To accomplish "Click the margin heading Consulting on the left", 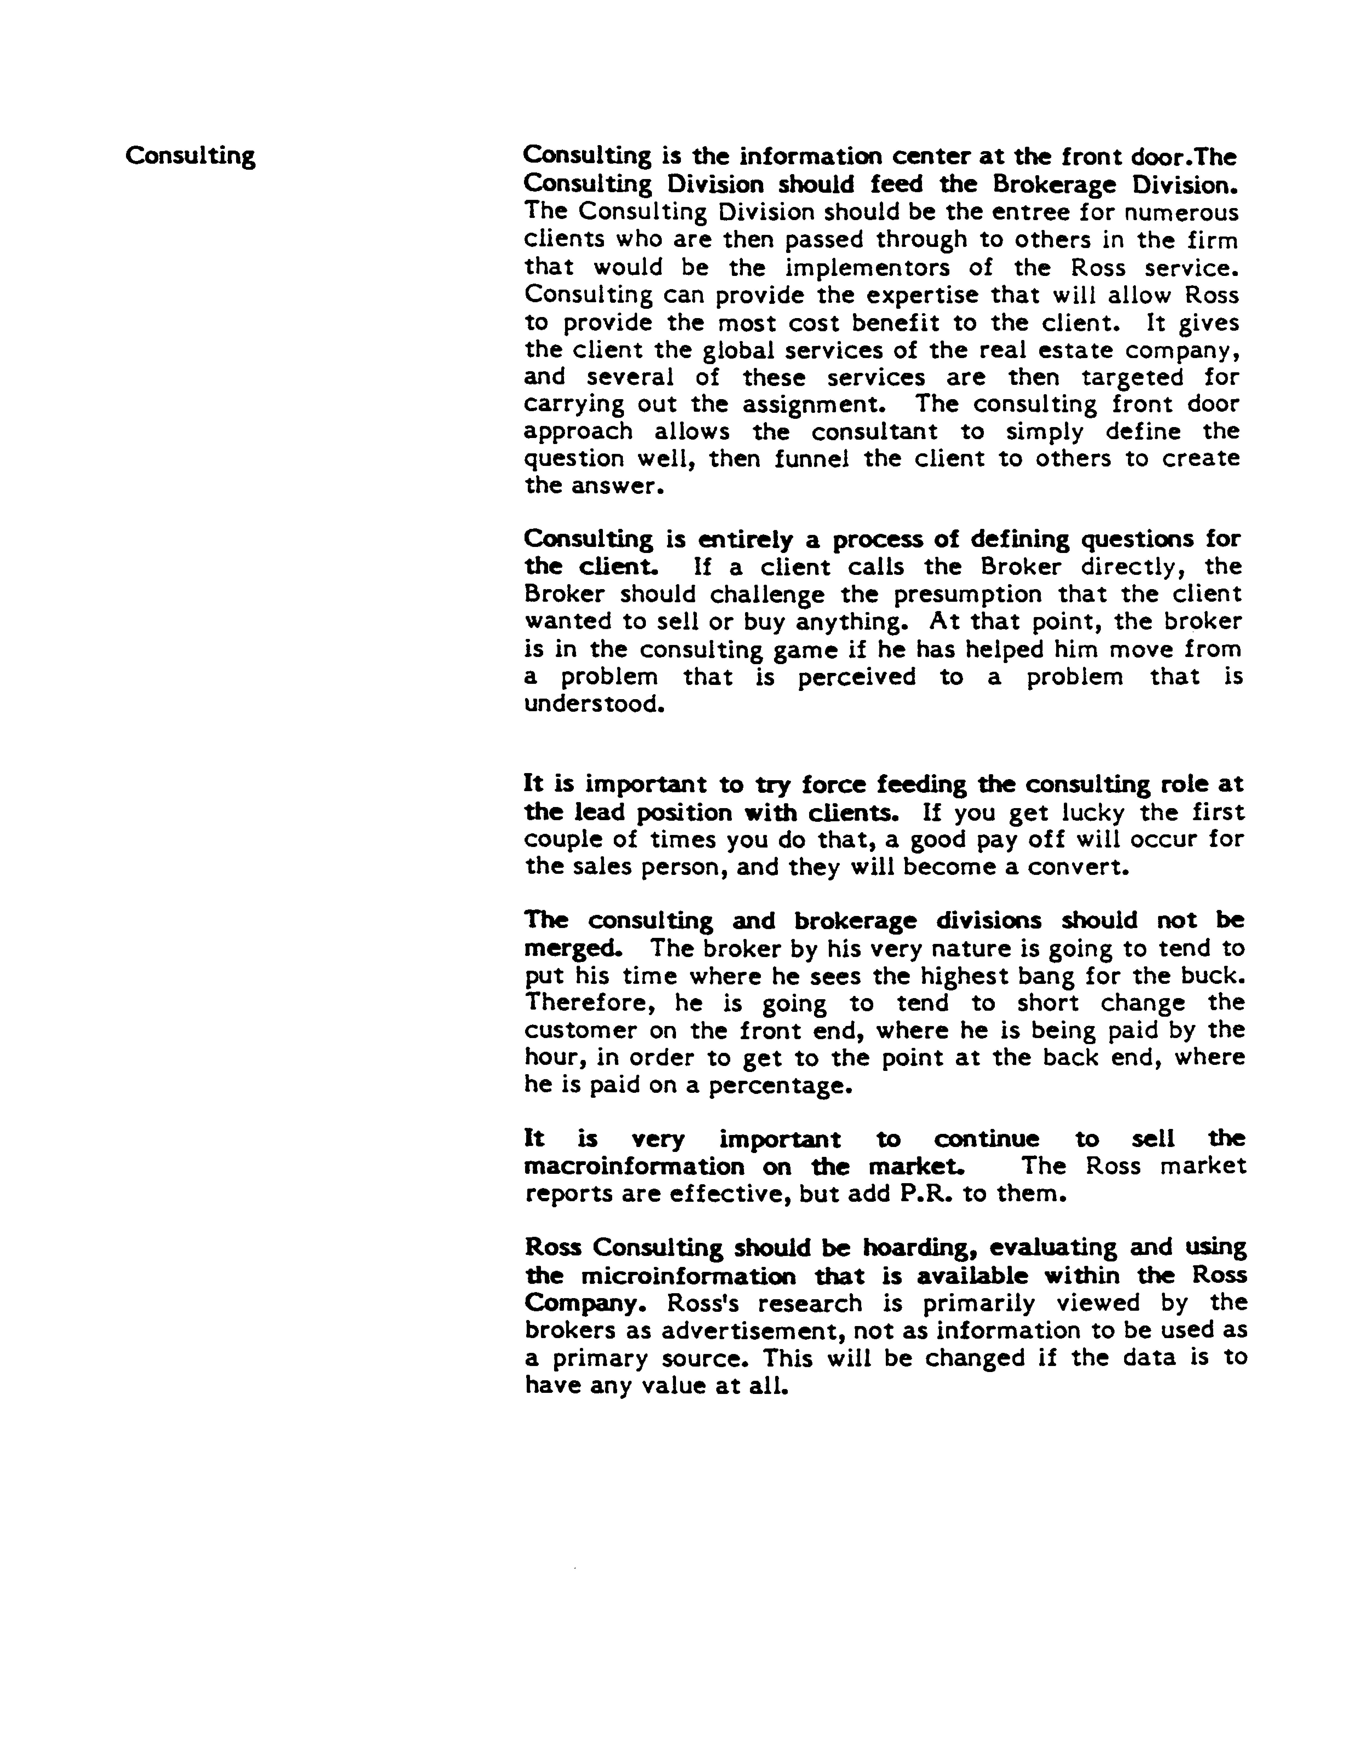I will (190, 155).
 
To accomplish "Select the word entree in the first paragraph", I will (1044, 213).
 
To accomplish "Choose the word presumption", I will (967, 594).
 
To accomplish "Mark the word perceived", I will (856, 677).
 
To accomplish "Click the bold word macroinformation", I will (634, 1166).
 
